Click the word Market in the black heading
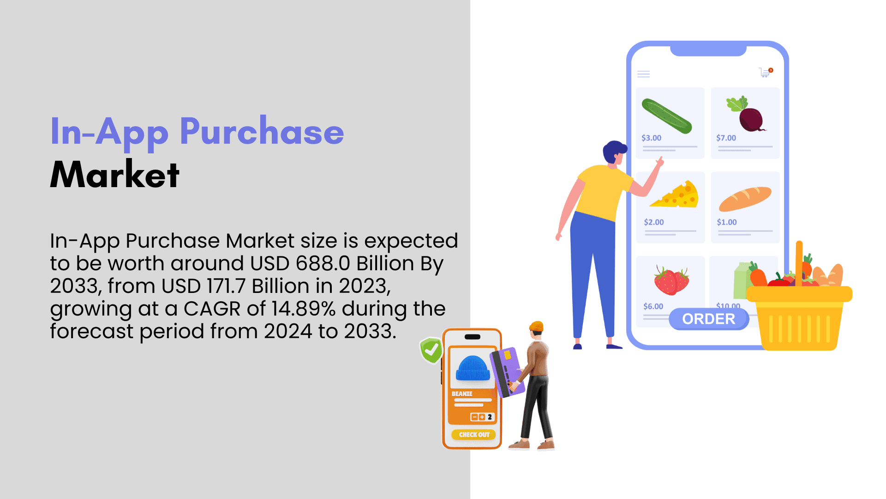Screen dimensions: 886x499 [114, 174]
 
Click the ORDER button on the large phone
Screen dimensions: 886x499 [709, 319]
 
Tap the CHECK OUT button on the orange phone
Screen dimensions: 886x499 [474, 434]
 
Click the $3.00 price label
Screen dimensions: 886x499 [651, 138]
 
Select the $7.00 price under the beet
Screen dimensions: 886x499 [726, 138]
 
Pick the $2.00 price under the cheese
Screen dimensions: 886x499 [654, 222]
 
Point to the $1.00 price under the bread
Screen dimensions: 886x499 [727, 222]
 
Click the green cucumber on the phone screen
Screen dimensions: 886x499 [667, 116]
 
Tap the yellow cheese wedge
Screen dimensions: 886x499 [675, 195]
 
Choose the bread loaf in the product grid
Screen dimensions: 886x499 [745, 198]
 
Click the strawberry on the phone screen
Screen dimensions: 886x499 [671, 280]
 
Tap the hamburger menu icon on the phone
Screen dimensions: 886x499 [643, 74]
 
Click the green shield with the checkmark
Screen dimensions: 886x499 [431, 350]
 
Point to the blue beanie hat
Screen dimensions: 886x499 [473, 368]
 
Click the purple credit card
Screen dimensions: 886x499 [506, 372]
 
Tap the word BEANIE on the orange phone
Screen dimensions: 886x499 [462, 394]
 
